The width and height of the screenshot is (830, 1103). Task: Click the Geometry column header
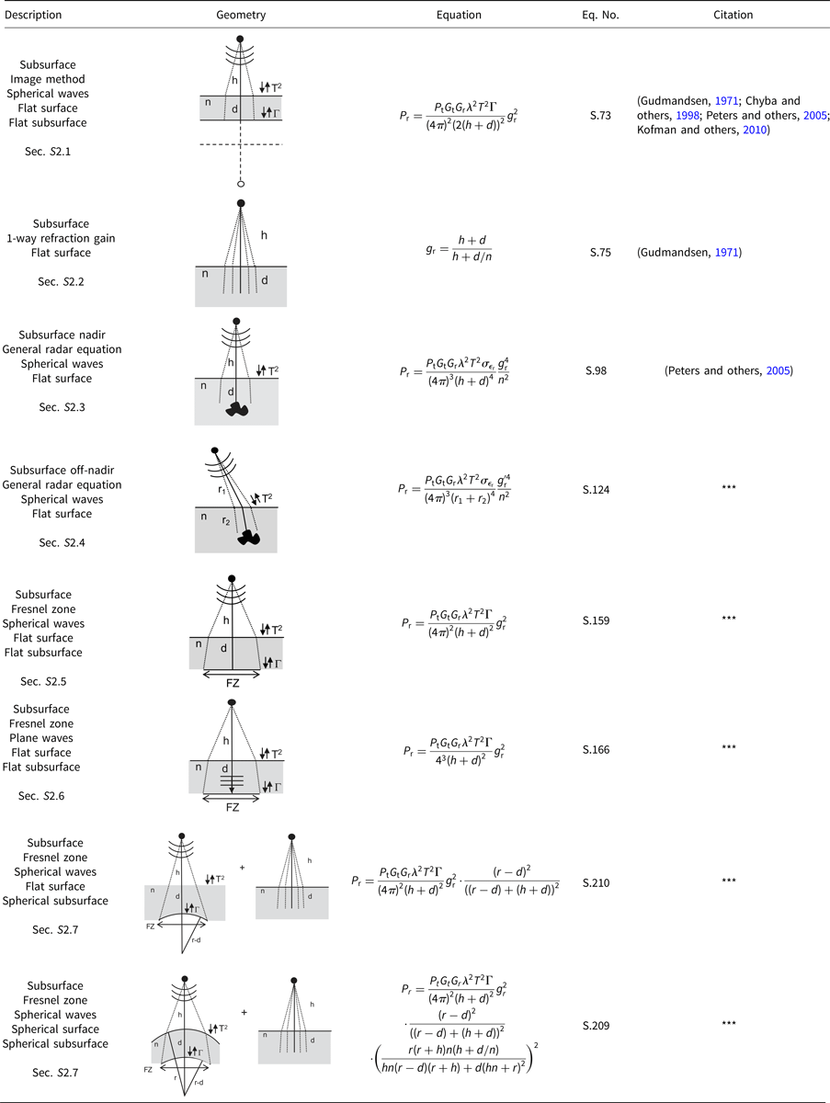[241, 15]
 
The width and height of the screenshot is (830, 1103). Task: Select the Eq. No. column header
[600, 15]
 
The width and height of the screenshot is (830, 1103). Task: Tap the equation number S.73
[600, 115]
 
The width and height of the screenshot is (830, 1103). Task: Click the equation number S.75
[600, 252]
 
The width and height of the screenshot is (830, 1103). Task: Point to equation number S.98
[596, 370]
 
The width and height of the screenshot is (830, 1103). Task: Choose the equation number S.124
[596, 489]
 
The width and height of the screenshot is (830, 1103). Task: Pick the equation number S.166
[596, 750]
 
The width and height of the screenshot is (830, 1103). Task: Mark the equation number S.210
[596, 883]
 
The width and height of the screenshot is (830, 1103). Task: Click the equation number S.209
[596, 1026]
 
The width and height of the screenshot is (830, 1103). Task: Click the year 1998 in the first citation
[688, 116]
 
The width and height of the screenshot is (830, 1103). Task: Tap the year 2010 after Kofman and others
[755, 131]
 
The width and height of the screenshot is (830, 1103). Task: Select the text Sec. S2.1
[48, 152]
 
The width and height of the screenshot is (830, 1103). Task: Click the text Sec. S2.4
[62, 542]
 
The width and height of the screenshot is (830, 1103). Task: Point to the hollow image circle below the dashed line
[241, 184]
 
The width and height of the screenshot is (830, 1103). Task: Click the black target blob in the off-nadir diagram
[249, 538]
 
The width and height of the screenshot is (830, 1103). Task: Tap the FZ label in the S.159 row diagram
[233, 684]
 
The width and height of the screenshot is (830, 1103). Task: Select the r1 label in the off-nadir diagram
[222, 490]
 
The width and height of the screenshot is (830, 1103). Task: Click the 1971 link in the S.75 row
[726, 252]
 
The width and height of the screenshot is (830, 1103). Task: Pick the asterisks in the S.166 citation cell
[729, 747]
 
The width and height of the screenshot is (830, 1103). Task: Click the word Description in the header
[33, 15]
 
